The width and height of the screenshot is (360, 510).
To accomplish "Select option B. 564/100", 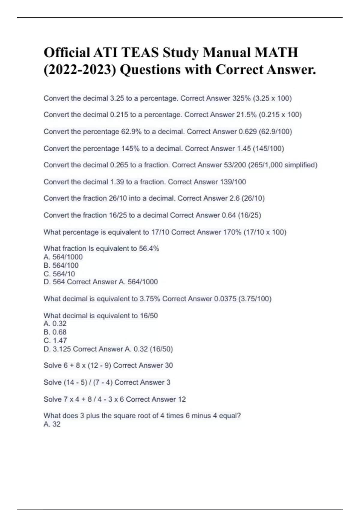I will pyautogui.click(x=61, y=265).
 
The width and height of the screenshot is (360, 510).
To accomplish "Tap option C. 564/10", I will pyautogui.click(x=59, y=274).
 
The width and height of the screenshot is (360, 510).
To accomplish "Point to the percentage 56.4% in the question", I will pyautogui.click(x=149, y=249).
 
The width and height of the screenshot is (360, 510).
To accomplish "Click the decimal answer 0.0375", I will pyautogui.click(x=225, y=299).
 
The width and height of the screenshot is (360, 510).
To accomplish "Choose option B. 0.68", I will pyautogui.click(x=55, y=332).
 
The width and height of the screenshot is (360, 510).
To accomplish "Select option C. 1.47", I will pyautogui.click(x=55, y=340).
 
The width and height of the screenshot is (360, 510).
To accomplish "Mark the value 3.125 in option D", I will pyautogui.click(x=62, y=349).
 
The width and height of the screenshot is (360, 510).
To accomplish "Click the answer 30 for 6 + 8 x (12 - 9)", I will pyautogui.click(x=169, y=365).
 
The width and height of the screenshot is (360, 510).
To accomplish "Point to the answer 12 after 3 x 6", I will pyautogui.click(x=182, y=399).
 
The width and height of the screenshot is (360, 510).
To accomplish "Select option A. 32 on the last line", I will pyautogui.click(x=52, y=424).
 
